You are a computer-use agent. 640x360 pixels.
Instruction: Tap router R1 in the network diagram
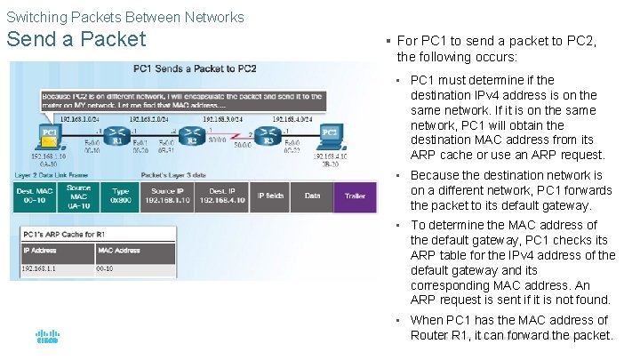tap(116, 139)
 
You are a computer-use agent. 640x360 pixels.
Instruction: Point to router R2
tap(189, 139)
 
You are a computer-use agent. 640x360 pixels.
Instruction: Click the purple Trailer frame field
tap(355, 196)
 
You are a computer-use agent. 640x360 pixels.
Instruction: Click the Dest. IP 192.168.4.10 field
tap(221, 196)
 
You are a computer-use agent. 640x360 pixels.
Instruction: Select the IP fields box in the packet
tap(270, 196)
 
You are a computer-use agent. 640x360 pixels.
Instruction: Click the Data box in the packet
tap(312, 196)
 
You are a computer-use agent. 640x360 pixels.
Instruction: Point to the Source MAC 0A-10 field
tap(77, 196)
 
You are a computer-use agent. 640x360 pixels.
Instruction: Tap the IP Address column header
tap(40, 251)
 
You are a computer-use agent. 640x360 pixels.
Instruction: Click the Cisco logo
tap(47, 337)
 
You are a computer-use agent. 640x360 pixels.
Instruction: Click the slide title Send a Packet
tap(76, 39)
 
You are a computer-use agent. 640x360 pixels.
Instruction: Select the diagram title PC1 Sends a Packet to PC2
tap(195, 68)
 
